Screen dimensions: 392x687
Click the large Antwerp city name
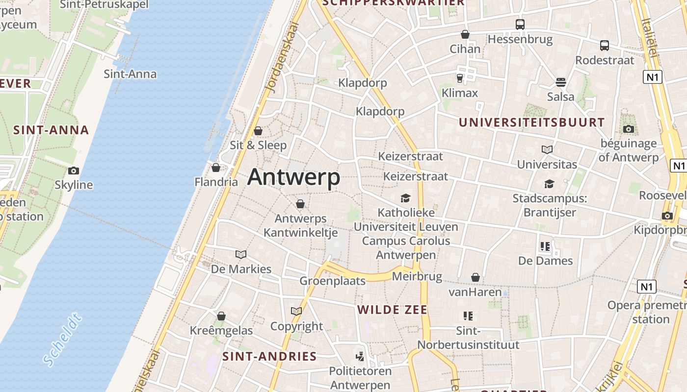click(x=293, y=177)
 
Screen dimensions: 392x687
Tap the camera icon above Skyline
click(x=74, y=171)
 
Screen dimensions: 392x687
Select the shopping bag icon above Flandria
click(x=215, y=168)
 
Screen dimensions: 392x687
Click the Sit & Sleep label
click(x=258, y=145)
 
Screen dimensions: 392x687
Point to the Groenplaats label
click(x=332, y=281)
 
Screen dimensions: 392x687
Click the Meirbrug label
click(x=417, y=276)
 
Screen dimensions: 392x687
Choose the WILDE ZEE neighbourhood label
click(x=392, y=310)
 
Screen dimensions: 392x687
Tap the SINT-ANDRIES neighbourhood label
click(x=269, y=356)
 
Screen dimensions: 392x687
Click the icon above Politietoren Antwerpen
click(x=360, y=356)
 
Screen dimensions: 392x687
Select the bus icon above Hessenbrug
click(x=520, y=24)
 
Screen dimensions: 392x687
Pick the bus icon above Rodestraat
click(x=605, y=46)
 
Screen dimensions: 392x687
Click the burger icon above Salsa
click(x=561, y=82)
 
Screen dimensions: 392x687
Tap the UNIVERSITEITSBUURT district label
click(x=531, y=122)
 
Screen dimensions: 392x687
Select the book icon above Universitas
click(x=547, y=149)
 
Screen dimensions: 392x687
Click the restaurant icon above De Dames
click(x=545, y=246)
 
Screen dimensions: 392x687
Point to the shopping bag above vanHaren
click(x=475, y=278)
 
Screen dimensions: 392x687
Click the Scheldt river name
click(x=62, y=341)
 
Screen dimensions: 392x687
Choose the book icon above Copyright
click(x=296, y=311)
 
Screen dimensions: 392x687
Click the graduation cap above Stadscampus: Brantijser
click(x=549, y=184)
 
